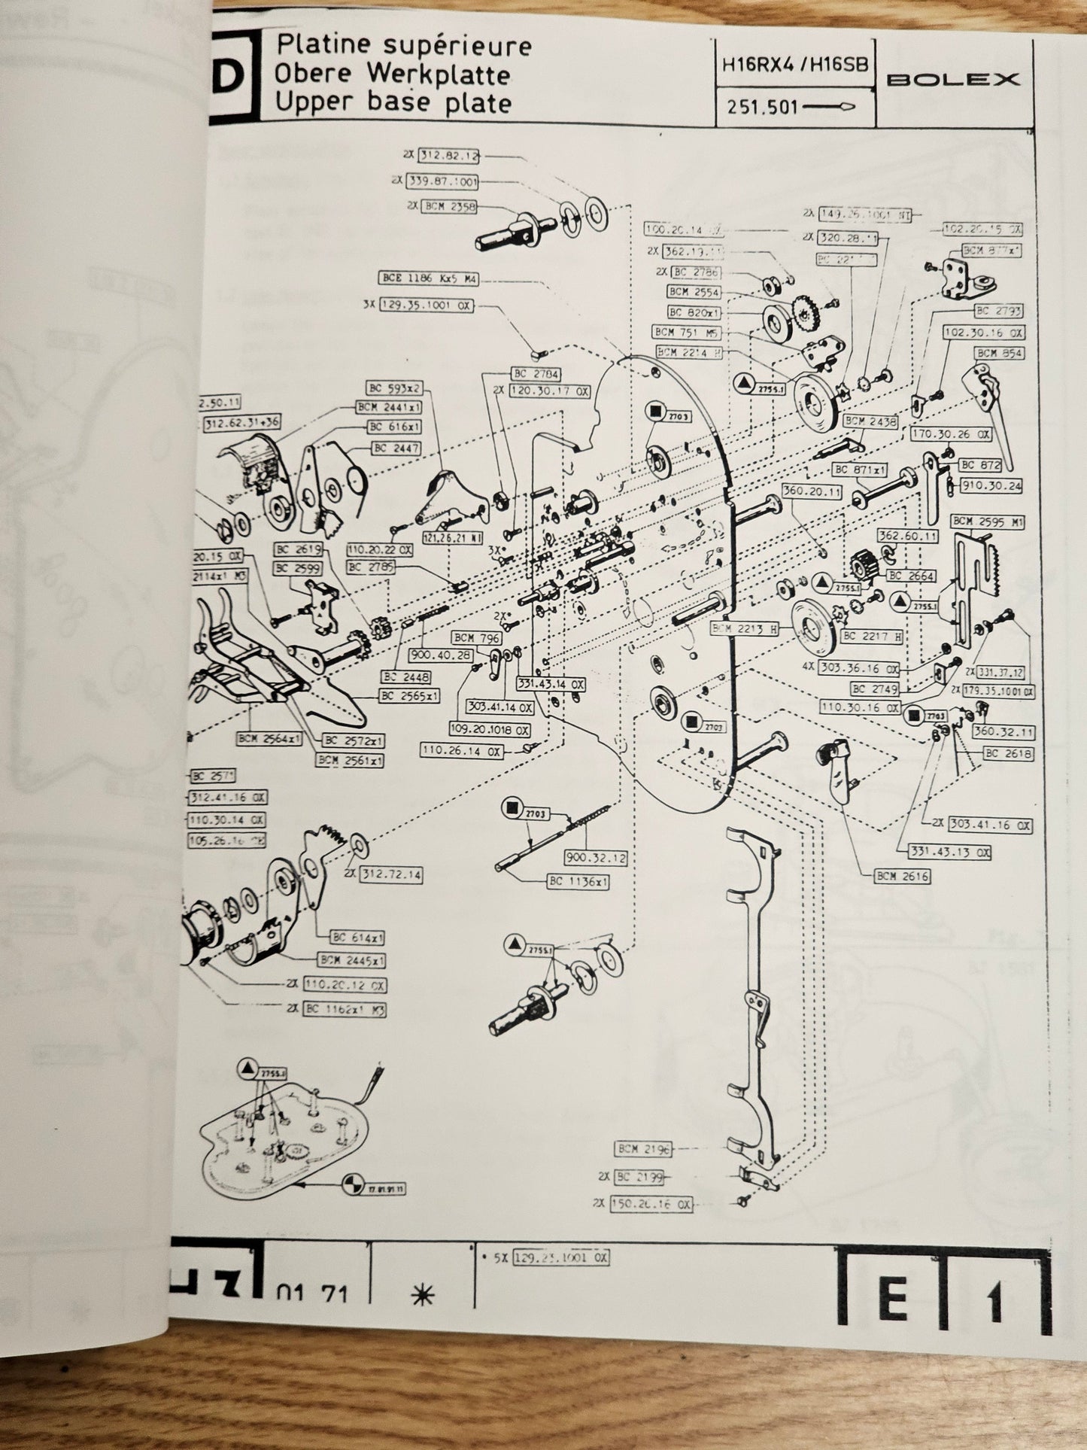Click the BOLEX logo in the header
(x=953, y=79)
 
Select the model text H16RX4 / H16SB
(x=795, y=65)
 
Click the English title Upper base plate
(x=393, y=103)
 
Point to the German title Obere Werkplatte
(x=392, y=74)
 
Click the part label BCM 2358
(x=449, y=205)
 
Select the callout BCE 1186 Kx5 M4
(x=430, y=279)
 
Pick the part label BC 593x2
(x=395, y=388)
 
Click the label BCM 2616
(x=902, y=876)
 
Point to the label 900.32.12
(x=596, y=857)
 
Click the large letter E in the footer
(x=892, y=1300)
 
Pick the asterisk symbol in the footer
(x=423, y=1294)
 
